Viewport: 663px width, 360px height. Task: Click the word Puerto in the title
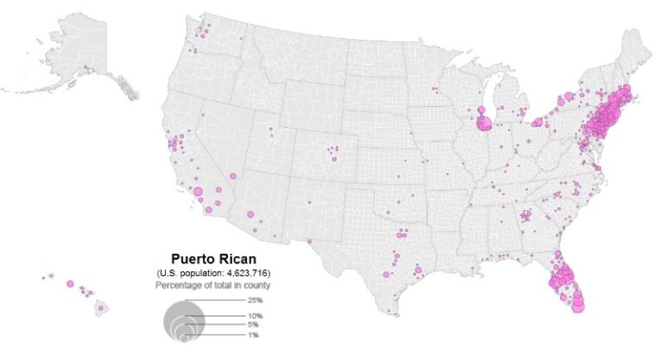191,259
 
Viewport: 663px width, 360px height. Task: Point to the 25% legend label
255,300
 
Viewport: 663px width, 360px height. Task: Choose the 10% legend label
255,317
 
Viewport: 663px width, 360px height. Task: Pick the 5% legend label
253,325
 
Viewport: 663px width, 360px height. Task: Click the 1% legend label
253,334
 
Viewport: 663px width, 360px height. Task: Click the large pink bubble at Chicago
483,123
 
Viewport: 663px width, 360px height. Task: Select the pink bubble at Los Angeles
198,192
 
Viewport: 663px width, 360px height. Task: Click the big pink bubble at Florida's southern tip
578,303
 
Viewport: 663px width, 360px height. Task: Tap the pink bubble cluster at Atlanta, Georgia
525,218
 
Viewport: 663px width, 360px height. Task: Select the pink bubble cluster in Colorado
332,155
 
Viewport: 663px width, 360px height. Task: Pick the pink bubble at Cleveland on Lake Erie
537,123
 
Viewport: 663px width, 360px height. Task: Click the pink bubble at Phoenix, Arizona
250,213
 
